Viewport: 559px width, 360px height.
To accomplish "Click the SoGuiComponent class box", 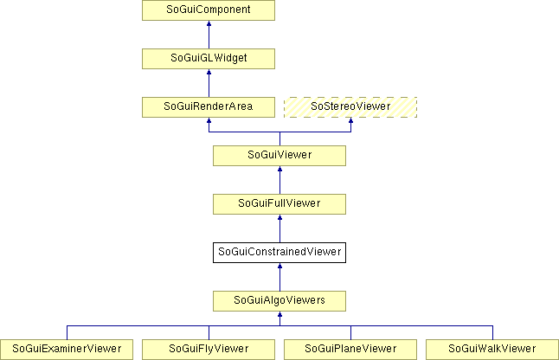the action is pos(209,10).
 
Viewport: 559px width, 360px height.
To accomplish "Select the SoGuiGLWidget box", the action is pos(209,59).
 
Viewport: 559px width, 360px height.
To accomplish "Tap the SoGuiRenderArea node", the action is pos(209,107).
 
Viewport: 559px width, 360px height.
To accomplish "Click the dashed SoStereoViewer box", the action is pos(350,107).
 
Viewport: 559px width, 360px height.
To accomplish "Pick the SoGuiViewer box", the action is pos(279,156).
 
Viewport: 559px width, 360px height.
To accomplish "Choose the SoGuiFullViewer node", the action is pos(279,204).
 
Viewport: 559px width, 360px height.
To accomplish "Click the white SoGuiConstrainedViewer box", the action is pos(279,253).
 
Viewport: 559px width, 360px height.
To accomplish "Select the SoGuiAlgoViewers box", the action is pos(279,301).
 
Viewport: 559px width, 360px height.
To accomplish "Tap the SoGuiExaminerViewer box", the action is pos(67,350).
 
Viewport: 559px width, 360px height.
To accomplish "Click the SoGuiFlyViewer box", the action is pos(209,350).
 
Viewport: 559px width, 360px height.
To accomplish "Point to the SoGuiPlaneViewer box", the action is pos(350,350).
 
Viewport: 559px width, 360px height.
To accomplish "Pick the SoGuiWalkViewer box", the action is pos(492,350).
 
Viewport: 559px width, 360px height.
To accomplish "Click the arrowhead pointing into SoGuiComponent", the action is pos(209,23).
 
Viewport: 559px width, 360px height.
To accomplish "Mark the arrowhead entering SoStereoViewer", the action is pos(350,120).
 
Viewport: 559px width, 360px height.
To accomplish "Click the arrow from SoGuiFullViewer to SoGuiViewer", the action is pos(279,180).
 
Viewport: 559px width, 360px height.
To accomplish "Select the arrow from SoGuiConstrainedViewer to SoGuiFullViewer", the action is pos(279,228).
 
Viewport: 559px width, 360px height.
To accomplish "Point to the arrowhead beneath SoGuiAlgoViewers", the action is pos(279,314).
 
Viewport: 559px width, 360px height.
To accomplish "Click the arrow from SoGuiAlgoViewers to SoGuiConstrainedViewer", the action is pos(279,277).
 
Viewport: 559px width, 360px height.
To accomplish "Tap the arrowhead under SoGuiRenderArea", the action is pos(209,120).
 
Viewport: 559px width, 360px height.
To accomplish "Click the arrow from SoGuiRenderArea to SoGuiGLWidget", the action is pos(209,83).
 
